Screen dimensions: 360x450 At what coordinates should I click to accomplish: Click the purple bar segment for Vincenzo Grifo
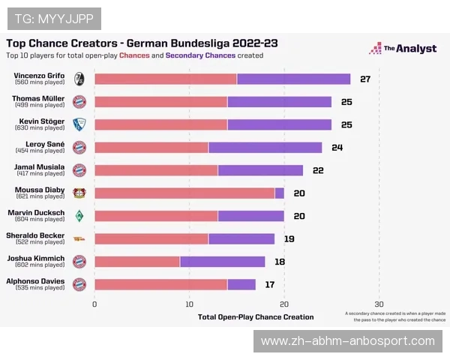(293, 79)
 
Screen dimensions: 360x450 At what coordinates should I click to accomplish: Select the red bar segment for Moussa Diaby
(184, 193)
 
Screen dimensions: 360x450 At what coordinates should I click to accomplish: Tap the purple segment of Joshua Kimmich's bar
(223, 261)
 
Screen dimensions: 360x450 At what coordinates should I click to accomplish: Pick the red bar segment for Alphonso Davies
(161, 284)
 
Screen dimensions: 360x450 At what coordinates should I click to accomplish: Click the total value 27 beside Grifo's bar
(365, 79)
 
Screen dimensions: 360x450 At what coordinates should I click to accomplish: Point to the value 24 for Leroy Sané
(337, 147)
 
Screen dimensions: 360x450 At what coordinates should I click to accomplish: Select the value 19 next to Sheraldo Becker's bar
(289, 238)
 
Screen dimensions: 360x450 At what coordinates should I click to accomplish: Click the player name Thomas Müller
(38, 97)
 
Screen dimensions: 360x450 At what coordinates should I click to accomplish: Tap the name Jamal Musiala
(40, 166)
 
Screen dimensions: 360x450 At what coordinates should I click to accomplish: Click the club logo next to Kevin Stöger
(79, 124)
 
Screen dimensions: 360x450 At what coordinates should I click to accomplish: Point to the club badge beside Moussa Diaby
(79, 193)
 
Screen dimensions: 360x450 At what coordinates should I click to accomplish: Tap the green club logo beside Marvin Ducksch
(79, 216)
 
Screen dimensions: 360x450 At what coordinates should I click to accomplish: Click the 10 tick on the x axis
(190, 304)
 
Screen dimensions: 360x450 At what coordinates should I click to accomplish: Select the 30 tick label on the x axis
(379, 304)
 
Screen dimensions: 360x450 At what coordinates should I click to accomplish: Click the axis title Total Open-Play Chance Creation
(256, 317)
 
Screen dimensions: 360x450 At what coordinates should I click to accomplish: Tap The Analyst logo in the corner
(402, 49)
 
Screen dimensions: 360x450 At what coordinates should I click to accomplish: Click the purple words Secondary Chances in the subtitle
(200, 55)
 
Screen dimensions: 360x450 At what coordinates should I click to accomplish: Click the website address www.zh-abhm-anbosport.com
(348, 341)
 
